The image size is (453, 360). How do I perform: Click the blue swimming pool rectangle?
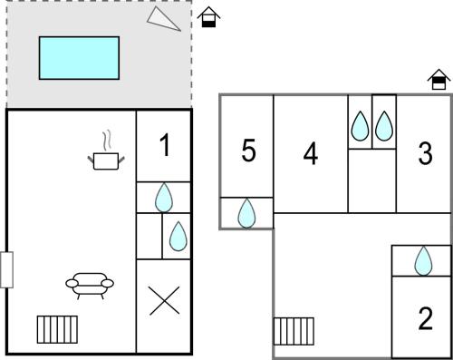pos(79,58)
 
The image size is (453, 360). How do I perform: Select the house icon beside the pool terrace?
pos(208,17)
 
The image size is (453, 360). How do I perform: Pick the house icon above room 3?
pos(439,80)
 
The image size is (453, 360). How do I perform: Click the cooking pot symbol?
pos(106,161)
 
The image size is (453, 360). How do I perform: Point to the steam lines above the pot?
pos(107,141)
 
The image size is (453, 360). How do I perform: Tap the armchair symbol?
pos(90,286)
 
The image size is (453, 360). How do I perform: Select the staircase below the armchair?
pos(57,329)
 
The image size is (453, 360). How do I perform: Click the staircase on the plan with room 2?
pos(294,331)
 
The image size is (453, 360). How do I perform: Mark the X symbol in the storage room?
pos(164,301)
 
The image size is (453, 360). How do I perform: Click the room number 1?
pos(165,145)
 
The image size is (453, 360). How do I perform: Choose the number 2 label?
pos(426,318)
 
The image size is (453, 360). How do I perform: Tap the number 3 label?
pos(426,153)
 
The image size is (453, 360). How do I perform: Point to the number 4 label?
pos(311,153)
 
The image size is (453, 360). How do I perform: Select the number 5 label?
pos(248,151)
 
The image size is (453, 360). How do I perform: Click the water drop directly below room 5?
pos(246,213)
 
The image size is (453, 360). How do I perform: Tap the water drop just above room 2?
pos(423,261)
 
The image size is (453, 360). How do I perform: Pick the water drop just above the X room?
pos(178,237)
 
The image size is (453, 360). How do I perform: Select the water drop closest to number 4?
pos(360,126)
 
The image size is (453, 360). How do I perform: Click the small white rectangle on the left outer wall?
pos(6,269)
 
